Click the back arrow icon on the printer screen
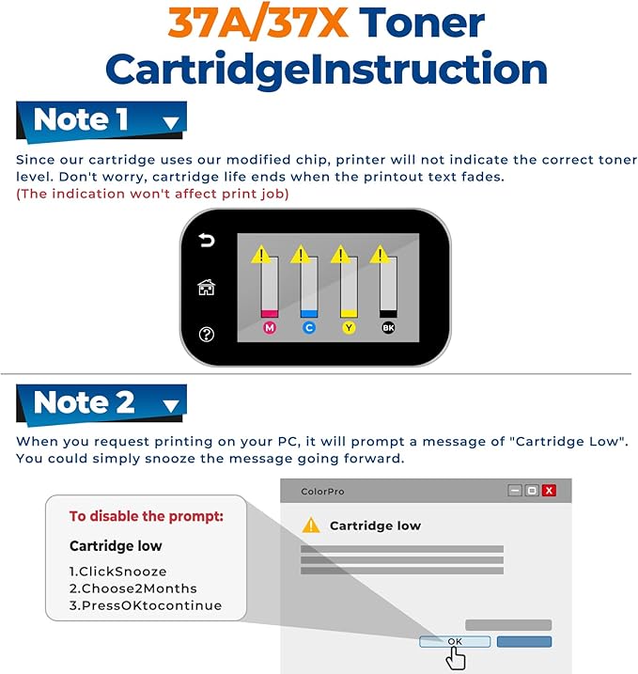click(206, 242)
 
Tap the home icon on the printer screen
click(206, 288)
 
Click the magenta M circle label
click(269, 328)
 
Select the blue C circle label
click(308, 328)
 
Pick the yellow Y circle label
click(349, 328)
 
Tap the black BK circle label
click(388, 328)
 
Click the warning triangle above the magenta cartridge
click(260, 255)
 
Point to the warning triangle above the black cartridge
click(381, 255)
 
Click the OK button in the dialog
click(455, 641)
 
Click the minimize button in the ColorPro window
click(515, 491)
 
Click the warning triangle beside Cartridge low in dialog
click(310, 525)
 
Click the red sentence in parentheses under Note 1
click(152, 194)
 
